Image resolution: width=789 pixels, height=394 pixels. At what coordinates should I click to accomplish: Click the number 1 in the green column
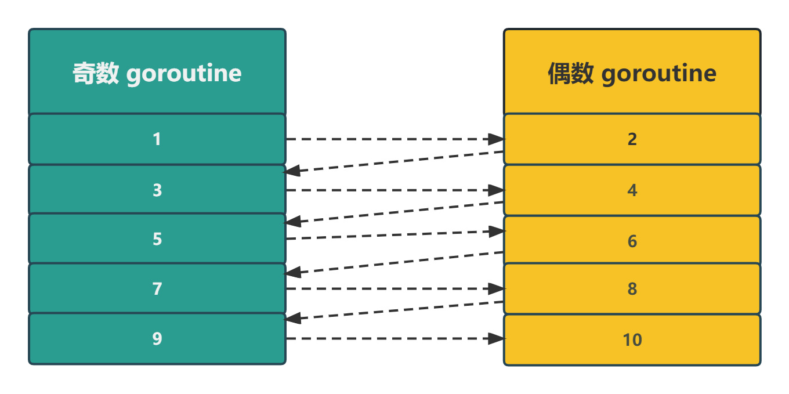[157, 139]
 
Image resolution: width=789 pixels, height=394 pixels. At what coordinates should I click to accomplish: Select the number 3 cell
[157, 190]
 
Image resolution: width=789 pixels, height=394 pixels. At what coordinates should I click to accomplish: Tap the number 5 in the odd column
[157, 239]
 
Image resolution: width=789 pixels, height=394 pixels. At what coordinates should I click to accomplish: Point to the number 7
[157, 288]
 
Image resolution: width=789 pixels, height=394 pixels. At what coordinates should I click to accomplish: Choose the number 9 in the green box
[157, 339]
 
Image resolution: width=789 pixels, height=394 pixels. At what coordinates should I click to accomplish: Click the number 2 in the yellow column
[632, 139]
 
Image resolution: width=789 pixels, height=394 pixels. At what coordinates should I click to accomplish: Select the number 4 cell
[632, 190]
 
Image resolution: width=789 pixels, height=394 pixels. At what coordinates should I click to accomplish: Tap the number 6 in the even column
[632, 241]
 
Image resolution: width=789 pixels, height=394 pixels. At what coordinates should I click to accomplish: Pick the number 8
[632, 289]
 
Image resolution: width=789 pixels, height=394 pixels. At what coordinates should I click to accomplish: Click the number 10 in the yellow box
[632, 340]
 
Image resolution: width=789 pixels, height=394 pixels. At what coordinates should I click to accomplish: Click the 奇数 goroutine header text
[157, 74]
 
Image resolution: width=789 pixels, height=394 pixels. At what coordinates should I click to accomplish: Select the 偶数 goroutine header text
[632, 74]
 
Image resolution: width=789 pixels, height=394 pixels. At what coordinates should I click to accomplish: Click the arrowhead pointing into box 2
[496, 139]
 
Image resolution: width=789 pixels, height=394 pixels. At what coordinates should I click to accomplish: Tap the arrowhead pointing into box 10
[496, 339]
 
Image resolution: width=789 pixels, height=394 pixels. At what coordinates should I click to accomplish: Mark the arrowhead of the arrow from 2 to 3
[292, 171]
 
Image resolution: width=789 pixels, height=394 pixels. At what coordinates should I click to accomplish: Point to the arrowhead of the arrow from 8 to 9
[292, 317]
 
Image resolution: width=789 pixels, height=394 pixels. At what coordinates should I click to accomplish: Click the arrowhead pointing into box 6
[496, 232]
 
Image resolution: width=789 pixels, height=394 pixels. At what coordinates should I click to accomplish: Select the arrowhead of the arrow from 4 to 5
[292, 221]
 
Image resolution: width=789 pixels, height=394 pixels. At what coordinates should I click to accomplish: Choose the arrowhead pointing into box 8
[496, 288]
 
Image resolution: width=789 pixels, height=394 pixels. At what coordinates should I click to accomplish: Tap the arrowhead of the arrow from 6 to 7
[292, 271]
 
